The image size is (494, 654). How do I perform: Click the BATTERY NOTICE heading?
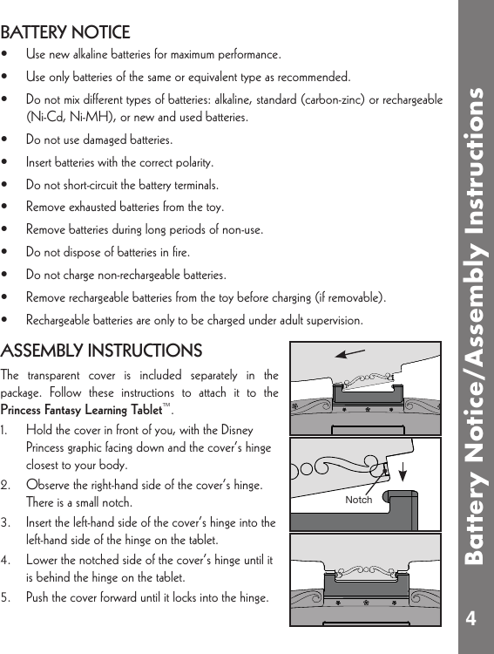[x=65, y=33]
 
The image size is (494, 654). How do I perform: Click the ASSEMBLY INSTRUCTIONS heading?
[x=101, y=351]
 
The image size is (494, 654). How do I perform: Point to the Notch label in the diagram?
[x=358, y=500]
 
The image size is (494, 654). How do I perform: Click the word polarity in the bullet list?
[x=193, y=162]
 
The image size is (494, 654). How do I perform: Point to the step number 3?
[x=6, y=523]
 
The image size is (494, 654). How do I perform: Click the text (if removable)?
[x=353, y=298]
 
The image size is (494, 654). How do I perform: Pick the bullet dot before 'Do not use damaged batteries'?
[x=6, y=140]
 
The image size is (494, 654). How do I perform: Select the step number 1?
[x=6, y=431]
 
